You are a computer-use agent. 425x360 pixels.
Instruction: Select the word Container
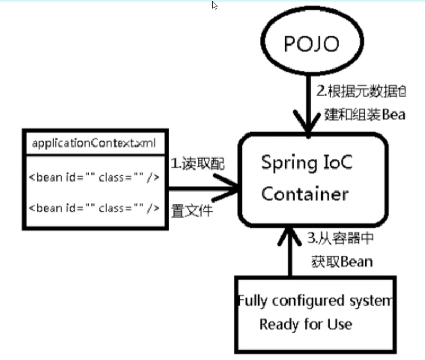click(x=305, y=194)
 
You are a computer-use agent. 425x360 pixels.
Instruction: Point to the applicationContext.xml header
click(x=94, y=142)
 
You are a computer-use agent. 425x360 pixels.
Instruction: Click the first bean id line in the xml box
click(x=94, y=177)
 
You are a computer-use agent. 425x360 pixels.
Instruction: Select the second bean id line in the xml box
click(x=94, y=208)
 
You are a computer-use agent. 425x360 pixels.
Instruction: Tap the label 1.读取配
click(x=198, y=164)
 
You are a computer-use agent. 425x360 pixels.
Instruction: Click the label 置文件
click(x=191, y=210)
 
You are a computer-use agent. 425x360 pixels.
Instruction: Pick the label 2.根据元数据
click(x=361, y=91)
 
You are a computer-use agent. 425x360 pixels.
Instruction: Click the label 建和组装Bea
click(x=364, y=115)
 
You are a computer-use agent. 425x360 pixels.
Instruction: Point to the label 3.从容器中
click(x=340, y=240)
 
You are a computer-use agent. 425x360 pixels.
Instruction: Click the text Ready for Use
click(x=306, y=324)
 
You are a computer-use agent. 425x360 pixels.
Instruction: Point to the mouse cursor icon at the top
click(x=215, y=5)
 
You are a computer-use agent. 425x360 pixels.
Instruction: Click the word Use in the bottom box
click(x=340, y=324)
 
